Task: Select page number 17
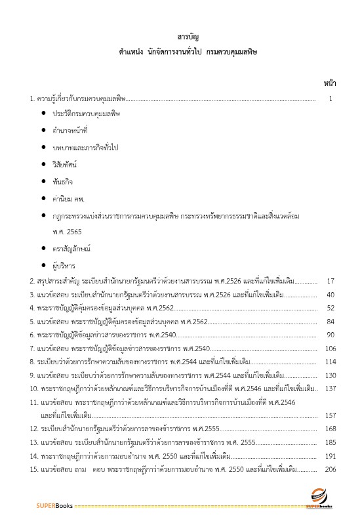330,281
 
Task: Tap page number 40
330,294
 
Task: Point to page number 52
330,307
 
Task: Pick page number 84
330,321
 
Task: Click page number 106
330,348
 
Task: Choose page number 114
330,362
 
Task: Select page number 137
330,389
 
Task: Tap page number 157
330,415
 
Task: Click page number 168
330,429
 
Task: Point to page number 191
330,455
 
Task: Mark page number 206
330,469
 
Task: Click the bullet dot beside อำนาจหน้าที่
43,130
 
